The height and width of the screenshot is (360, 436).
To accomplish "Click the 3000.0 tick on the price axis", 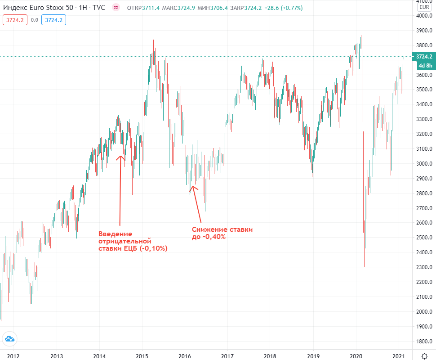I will pos(424,164).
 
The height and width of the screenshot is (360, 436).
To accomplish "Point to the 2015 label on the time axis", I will pos(142,355).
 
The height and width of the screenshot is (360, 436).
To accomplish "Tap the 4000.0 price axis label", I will pos(424,16).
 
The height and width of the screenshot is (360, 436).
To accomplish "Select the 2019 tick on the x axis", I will pos(313,355).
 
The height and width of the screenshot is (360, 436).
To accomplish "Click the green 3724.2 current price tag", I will pos(424,57).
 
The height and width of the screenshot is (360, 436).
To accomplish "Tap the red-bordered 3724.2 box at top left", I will pos(15,20).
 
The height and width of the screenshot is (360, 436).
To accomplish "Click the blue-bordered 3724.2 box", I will pos(54,20).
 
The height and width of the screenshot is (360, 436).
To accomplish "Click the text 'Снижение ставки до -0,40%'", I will pos(222,233).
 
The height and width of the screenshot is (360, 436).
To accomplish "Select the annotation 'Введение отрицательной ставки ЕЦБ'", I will pos(133,241).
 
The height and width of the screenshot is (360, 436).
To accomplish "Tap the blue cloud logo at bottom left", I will pos(9,339).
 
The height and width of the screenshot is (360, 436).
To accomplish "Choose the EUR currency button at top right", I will pos(424,7).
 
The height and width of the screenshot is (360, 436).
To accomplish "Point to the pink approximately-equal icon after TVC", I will pos(116,8).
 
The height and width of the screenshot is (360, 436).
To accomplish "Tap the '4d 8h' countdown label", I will pos(424,65).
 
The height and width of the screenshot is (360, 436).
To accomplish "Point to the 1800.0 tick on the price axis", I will pos(424,341).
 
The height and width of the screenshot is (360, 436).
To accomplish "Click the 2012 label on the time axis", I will pos(13,355).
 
